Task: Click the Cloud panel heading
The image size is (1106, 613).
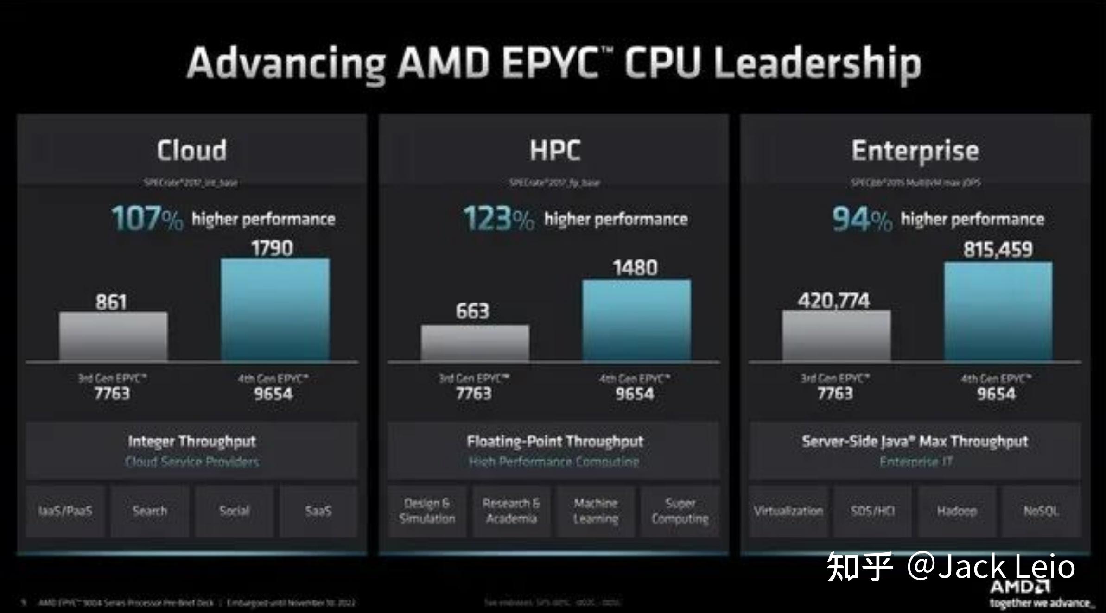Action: (x=191, y=150)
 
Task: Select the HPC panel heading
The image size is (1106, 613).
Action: (x=554, y=150)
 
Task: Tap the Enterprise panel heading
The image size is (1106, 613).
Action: (x=915, y=151)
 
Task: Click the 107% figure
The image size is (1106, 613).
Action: (x=147, y=219)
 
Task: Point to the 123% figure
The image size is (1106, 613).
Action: (x=499, y=219)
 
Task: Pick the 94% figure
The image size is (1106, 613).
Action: (x=861, y=219)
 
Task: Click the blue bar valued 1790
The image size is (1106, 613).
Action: (x=275, y=310)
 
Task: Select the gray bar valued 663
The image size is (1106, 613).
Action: (x=475, y=343)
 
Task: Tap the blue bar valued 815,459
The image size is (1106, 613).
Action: (x=998, y=311)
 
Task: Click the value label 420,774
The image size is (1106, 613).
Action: (x=833, y=301)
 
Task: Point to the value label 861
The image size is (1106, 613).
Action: (x=111, y=302)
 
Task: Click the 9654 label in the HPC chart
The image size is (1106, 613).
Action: (x=635, y=394)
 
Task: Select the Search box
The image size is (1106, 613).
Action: (x=150, y=511)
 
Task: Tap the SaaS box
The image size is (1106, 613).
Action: (x=318, y=511)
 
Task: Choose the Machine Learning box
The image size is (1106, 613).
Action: (x=596, y=511)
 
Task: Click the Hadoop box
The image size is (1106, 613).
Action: (x=957, y=511)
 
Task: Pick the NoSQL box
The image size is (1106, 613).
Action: (x=1041, y=511)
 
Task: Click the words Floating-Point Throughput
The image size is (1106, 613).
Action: (x=555, y=441)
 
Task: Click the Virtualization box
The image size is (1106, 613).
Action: (x=788, y=511)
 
